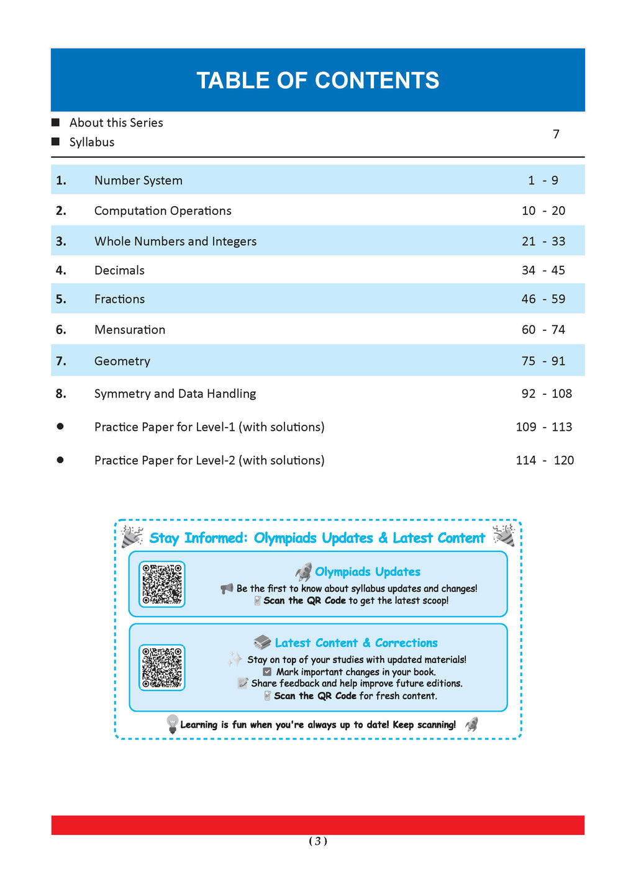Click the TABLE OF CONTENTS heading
click(x=317, y=81)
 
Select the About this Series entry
click(x=116, y=123)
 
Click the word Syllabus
click(x=92, y=142)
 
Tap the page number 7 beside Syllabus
click(x=556, y=134)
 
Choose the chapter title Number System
click(x=139, y=181)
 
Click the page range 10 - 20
click(x=543, y=211)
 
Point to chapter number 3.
click(x=61, y=242)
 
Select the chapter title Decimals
click(x=119, y=271)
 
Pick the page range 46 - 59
click(x=543, y=299)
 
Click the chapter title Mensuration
click(x=130, y=330)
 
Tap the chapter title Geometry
click(x=122, y=361)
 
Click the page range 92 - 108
click(x=547, y=394)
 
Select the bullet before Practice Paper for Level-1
click(x=60, y=427)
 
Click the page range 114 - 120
click(x=545, y=461)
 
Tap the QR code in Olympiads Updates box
click(x=162, y=584)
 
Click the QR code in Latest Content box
click(x=162, y=667)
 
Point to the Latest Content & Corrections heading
click(x=356, y=643)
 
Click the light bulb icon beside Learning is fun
click(x=172, y=724)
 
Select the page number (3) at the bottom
click(x=318, y=841)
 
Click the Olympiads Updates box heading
click(x=367, y=572)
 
